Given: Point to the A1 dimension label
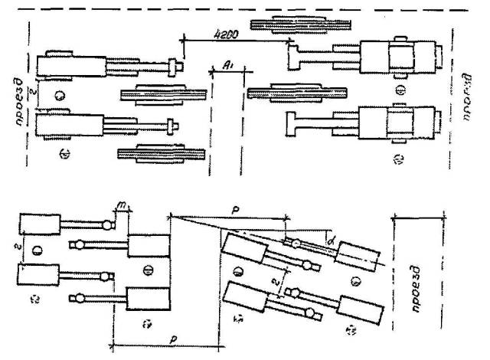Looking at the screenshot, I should (227, 67).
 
